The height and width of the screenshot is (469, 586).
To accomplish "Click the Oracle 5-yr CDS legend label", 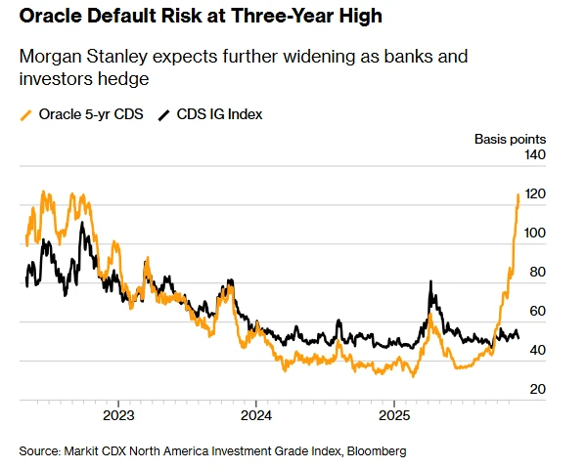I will (91, 114).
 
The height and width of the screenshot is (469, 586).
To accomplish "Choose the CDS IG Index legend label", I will (219, 114).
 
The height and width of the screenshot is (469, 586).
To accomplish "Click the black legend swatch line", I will (163, 114).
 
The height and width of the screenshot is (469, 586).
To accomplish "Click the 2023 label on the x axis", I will (118, 414).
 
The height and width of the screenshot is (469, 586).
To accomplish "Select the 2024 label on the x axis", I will (255, 414).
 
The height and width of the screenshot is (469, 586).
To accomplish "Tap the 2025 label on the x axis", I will (392, 414).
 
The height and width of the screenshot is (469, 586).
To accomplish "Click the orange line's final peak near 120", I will (518, 196).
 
